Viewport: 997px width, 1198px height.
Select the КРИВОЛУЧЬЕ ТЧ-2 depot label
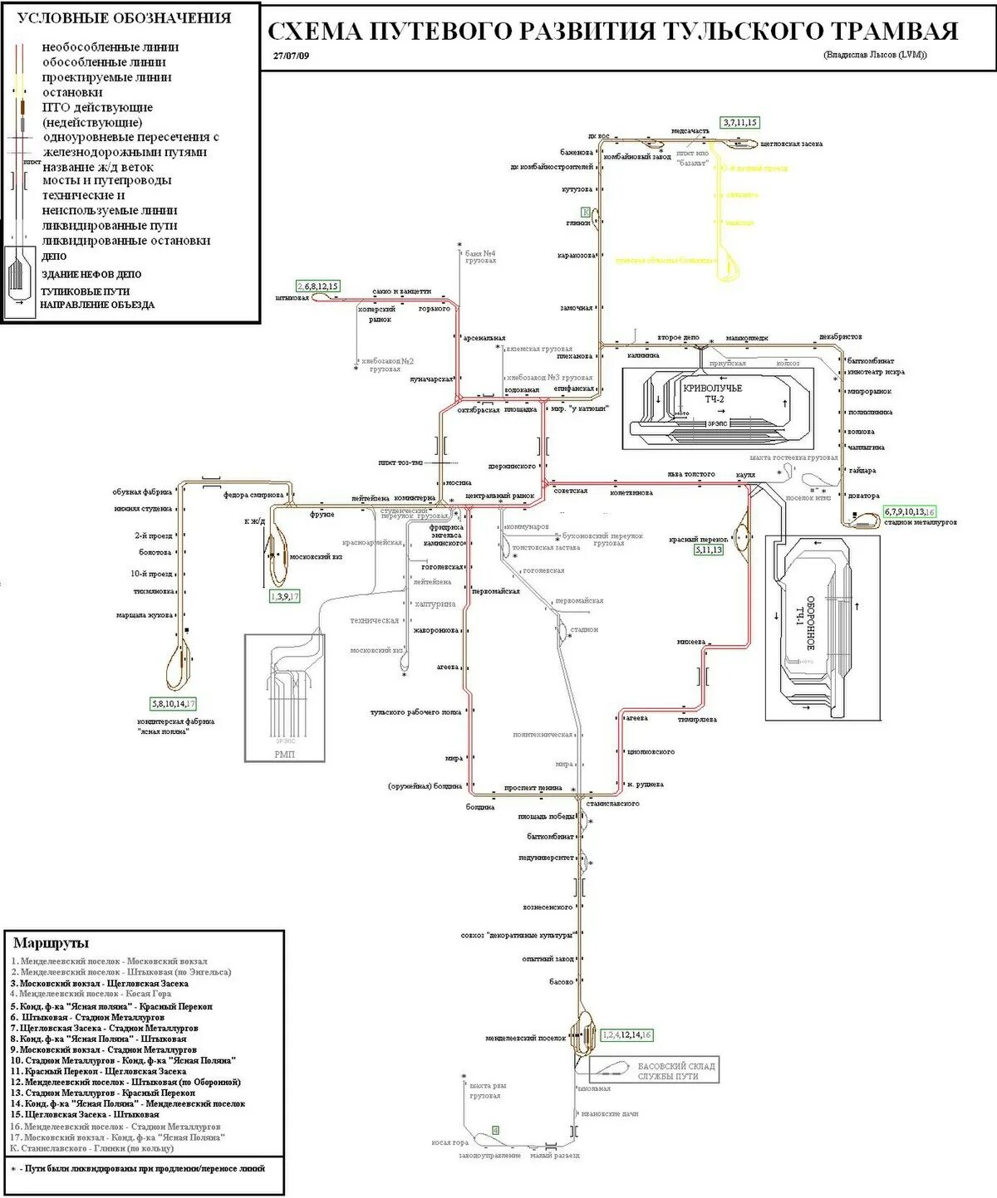click(x=712, y=394)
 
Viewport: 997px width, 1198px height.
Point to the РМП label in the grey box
click(x=284, y=754)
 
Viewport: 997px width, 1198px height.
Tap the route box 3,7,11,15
click(x=739, y=123)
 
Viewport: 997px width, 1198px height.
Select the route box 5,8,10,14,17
click(x=174, y=704)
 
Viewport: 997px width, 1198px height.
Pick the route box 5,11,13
click(x=709, y=550)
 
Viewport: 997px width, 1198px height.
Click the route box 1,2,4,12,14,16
click(x=626, y=1034)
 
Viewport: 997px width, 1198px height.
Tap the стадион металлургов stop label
click(x=920, y=522)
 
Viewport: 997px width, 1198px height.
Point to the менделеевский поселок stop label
click(x=526, y=1038)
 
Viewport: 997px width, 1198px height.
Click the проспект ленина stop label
click(x=533, y=787)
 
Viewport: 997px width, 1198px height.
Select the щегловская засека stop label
click(x=792, y=144)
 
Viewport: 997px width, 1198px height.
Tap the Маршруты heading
click(x=51, y=943)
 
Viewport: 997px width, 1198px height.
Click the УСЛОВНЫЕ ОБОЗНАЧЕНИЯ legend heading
click(x=125, y=17)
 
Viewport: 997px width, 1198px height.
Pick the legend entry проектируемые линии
click(x=107, y=77)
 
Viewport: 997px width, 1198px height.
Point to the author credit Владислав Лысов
click(x=875, y=55)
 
